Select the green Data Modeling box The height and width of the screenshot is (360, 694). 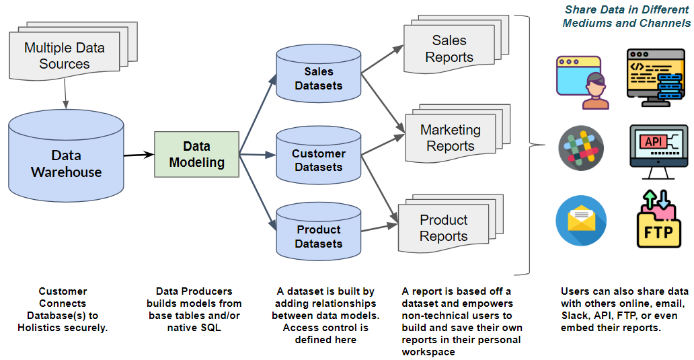(x=196, y=154)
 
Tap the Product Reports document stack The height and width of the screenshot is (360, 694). (x=443, y=228)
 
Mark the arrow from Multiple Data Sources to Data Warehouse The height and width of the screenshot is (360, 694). (x=65, y=94)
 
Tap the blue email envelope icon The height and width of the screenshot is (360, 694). (x=581, y=221)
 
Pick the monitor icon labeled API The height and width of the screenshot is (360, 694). (x=658, y=150)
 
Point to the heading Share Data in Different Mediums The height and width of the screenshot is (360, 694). (x=627, y=16)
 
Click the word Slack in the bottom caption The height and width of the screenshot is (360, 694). (x=574, y=316)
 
